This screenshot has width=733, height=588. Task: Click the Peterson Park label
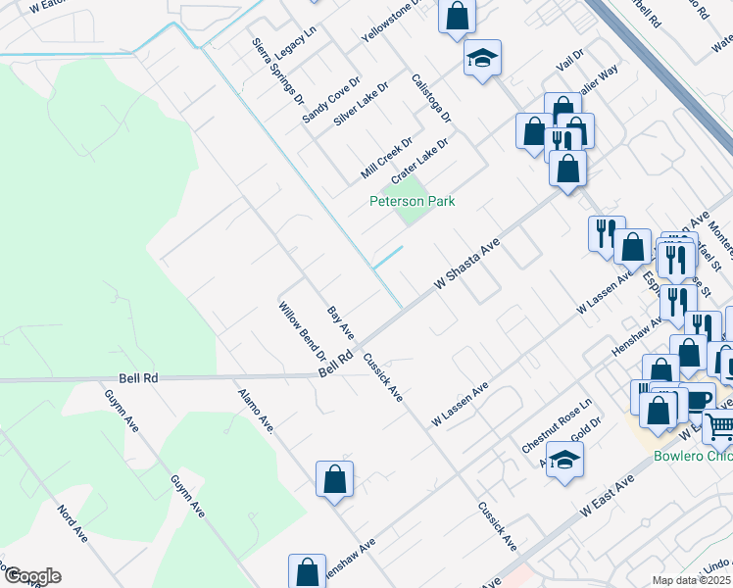click(x=412, y=202)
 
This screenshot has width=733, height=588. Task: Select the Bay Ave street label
click(x=340, y=322)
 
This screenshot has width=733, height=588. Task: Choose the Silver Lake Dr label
click(x=361, y=102)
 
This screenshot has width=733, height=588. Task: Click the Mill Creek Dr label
click(x=385, y=158)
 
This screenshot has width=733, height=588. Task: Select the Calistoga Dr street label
click(x=431, y=98)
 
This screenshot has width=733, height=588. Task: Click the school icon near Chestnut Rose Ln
click(x=565, y=460)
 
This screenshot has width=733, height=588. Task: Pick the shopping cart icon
click(x=719, y=427)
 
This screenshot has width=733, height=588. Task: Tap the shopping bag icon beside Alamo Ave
click(x=334, y=479)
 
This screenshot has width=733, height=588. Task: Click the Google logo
click(x=31, y=576)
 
